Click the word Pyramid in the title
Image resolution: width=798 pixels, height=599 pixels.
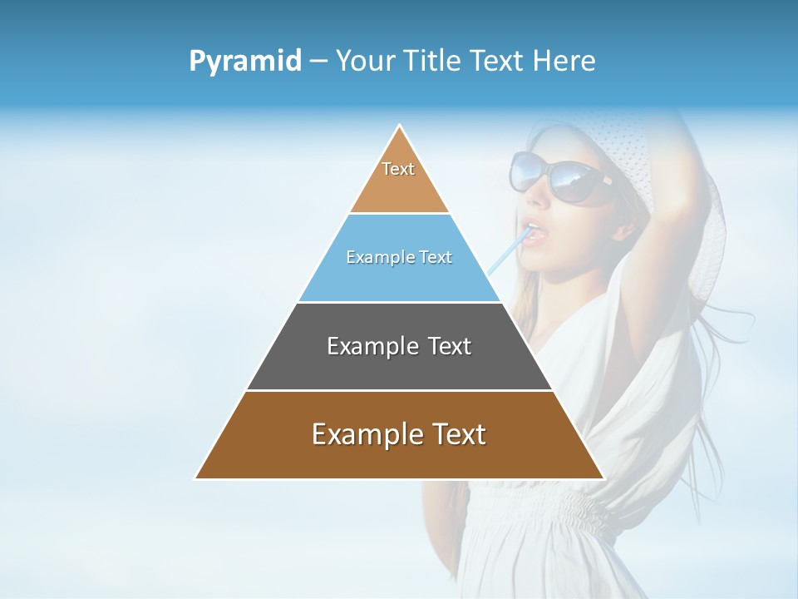(244, 62)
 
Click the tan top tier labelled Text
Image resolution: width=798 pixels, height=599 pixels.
(399, 179)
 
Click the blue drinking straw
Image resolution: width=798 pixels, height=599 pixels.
(505, 255)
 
